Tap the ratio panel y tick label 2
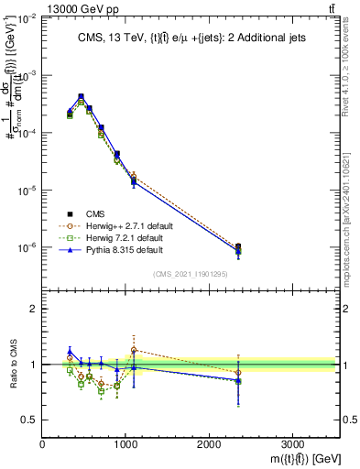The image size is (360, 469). tap(34, 309)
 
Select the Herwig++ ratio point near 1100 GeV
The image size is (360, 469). tap(134, 350)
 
